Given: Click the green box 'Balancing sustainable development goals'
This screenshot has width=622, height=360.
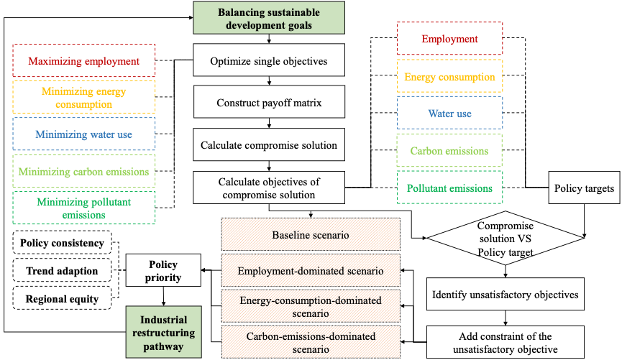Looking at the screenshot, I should [268, 17].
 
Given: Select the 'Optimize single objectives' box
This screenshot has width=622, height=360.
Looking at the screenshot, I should [268, 61].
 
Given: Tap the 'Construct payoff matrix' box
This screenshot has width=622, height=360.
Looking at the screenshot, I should [268, 103].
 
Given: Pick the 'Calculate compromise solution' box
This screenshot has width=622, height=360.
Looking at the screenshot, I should [268, 145].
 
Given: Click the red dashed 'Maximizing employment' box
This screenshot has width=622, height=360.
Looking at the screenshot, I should [84, 61].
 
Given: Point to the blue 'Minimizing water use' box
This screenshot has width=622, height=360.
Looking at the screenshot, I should [84, 134].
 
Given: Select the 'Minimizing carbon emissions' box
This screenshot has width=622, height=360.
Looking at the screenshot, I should [84, 172].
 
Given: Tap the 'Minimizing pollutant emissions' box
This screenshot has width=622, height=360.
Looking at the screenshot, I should [84, 208].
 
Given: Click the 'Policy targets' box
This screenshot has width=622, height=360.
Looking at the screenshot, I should [584, 188].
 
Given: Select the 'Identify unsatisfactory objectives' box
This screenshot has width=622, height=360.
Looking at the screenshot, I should [506, 295].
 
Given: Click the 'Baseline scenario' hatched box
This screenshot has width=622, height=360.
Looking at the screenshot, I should [310, 235].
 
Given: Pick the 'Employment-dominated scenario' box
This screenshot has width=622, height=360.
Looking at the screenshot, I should [310, 272].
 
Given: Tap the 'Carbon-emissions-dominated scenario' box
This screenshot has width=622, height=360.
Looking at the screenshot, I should [310, 341].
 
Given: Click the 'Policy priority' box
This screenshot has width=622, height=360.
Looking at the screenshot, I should [163, 271].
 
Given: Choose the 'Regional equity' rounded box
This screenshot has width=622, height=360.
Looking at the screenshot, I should [62, 298].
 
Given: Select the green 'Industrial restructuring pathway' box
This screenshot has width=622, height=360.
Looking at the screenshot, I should [164, 332].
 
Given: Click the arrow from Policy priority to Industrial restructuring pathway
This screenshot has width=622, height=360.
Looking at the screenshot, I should [164, 296].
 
